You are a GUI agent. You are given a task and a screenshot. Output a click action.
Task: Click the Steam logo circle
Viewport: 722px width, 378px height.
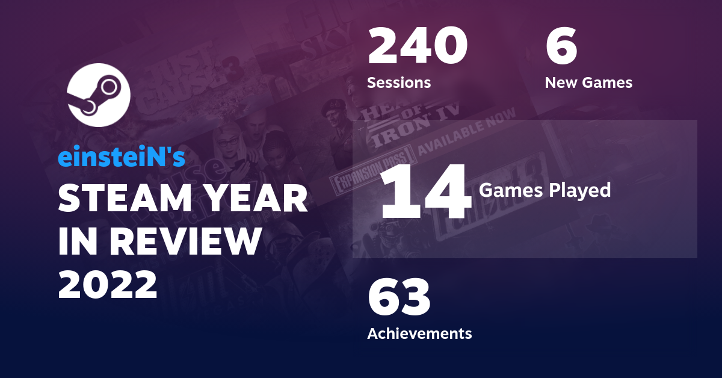98,94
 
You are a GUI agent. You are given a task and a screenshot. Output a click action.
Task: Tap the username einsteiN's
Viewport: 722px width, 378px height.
121,158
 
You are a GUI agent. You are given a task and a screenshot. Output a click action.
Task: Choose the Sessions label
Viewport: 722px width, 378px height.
399,82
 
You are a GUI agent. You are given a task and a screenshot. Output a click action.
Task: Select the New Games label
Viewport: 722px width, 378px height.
588,82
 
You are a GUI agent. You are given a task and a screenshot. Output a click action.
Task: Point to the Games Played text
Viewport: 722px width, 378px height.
545,191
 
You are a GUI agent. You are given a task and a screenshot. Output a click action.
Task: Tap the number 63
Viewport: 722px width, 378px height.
399,298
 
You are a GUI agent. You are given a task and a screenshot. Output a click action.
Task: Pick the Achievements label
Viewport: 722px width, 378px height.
419,333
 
